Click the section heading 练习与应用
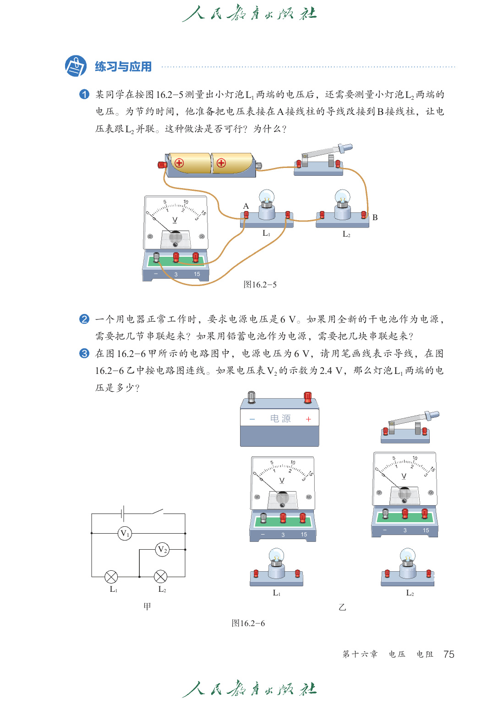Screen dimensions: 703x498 tap(123, 67)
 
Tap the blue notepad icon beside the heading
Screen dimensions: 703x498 tap(76, 66)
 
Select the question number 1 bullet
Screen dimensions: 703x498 tap(84, 94)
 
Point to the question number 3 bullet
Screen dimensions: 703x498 tap(84, 353)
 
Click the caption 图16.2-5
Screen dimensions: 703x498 tap(260, 285)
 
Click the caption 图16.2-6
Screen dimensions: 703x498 tap(248, 623)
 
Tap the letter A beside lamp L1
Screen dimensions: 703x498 tap(246, 206)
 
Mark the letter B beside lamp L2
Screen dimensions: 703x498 tap(375, 217)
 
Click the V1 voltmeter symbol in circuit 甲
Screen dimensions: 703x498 tap(125, 533)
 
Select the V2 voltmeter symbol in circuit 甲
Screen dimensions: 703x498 tap(162, 549)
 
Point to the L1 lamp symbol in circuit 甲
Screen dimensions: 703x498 tap(111, 577)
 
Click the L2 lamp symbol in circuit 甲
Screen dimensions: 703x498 tap(160, 577)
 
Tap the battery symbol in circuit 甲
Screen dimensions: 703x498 tap(123, 514)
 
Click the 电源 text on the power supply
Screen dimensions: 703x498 tap(280, 419)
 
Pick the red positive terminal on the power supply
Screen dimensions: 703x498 tap(308, 397)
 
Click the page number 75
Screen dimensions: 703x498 tap(449, 654)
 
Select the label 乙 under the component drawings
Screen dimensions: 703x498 tap(342, 607)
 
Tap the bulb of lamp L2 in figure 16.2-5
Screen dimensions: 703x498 tap(342, 198)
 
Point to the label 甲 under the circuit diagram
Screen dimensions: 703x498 tap(147, 606)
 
